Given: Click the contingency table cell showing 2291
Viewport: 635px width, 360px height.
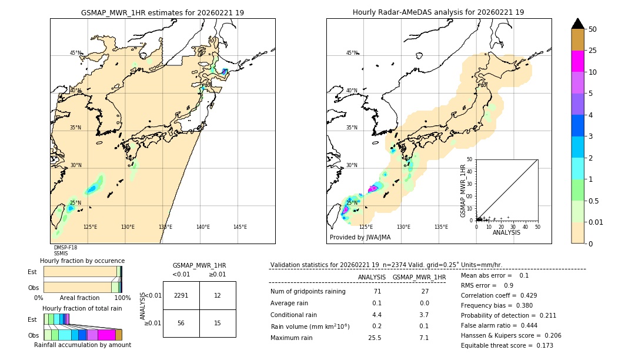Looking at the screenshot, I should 181,295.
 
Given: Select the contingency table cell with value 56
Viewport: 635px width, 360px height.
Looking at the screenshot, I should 181,324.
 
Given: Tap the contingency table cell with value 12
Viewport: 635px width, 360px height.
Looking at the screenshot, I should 218,295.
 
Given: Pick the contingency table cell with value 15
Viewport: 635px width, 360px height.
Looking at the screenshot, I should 218,324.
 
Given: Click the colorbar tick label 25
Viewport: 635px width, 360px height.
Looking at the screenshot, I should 593,51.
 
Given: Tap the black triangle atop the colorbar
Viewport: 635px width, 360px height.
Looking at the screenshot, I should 577,24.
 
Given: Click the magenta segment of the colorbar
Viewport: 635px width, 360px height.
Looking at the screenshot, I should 577,61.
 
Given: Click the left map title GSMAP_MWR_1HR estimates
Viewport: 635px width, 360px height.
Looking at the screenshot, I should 162,12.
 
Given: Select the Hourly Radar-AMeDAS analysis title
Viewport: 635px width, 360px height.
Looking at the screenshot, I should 438,12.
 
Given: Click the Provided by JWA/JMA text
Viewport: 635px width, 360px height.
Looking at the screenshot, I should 360,238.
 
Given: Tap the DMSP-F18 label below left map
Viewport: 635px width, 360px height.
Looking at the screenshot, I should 65,248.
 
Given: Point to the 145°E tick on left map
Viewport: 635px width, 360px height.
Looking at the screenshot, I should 240,227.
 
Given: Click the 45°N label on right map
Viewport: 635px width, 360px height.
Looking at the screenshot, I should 352,53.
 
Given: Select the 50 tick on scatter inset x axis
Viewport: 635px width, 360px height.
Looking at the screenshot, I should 537,226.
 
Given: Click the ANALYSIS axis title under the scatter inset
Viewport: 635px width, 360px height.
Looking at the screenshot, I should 506,232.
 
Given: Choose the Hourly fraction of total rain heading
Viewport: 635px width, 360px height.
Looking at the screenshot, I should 82,308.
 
